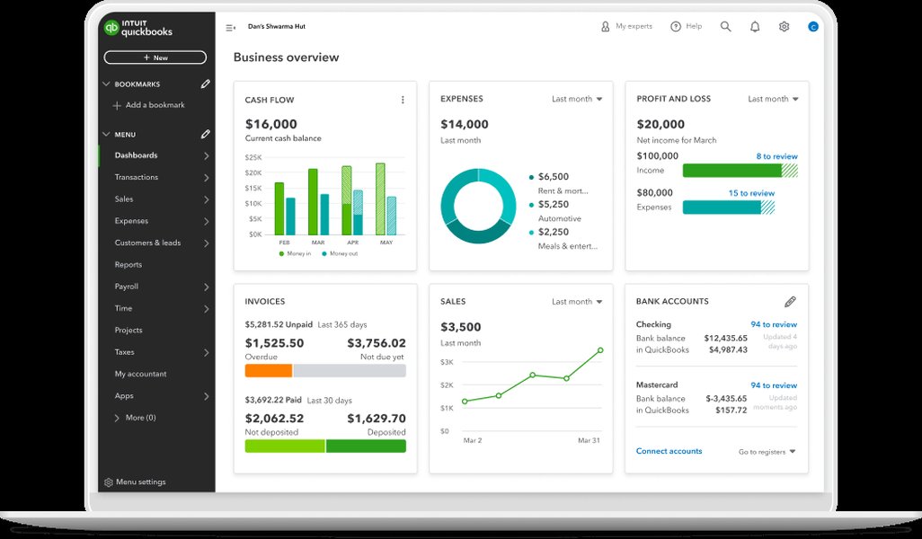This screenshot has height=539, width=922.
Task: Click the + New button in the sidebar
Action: click(x=155, y=57)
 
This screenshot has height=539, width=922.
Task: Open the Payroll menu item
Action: click(x=127, y=287)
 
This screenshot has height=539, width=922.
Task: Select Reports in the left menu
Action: click(x=129, y=265)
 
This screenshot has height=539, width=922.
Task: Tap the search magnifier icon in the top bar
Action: click(x=725, y=27)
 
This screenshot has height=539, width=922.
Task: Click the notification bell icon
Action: click(x=755, y=27)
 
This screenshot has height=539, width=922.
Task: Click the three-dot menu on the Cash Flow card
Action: click(x=402, y=100)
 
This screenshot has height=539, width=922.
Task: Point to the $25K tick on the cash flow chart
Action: click(x=253, y=157)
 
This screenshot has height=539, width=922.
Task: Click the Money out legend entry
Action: click(x=341, y=254)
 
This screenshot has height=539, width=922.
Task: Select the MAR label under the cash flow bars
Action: click(x=317, y=243)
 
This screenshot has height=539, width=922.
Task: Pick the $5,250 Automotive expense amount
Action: click(x=554, y=205)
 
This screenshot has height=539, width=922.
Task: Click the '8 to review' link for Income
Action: click(x=776, y=156)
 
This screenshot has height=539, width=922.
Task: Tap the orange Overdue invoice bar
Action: click(x=268, y=370)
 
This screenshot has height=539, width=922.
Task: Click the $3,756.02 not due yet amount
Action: click(x=376, y=343)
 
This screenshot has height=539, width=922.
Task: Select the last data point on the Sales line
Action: click(x=599, y=350)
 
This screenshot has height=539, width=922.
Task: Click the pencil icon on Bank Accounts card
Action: click(x=790, y=302)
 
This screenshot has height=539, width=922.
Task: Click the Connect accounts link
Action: click(x=669, y=451)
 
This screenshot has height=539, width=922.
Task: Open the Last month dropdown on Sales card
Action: click(x=577, y=302)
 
